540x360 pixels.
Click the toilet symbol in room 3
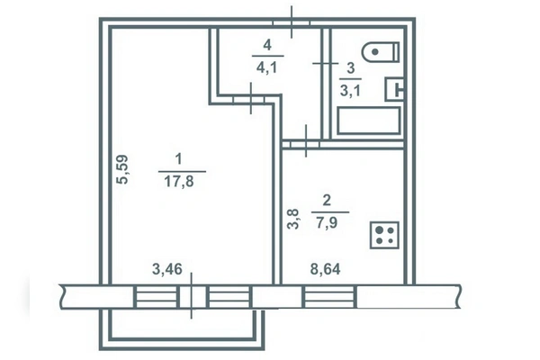pyautogui.click(x=381, y=52)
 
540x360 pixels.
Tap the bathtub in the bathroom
pyautogui.click(x=369, y=121)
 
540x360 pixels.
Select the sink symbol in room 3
pyautogui.click(x=394, y=90)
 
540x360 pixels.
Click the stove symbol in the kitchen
pyautogui.click(x=384, y=235)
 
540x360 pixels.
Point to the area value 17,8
pyautogui.click(x=179, y=182)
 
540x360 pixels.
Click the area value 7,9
pyautogui.click(x=326, y=222)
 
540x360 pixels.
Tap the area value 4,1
pyautogui.click(x=266, y=67)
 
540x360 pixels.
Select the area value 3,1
pyautogui.click(x=350, y=91)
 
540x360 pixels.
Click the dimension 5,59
pyautogui.click(x=122, y=169)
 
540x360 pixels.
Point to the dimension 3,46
pyautogui.click(x=167, y=269)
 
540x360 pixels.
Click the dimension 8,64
pyautogui.click(x=326, y=269)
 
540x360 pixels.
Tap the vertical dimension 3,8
pyautogui.click(x=293, y=219)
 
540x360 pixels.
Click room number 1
pyautogui.click(x=179, y=159)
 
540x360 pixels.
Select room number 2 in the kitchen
pyautogui.click(x=327, y=200)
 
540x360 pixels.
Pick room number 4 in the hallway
pyautogui.click(x=267, y=45)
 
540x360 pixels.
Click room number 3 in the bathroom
pyautogui.click(x=351, y=68)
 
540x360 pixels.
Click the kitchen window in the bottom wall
pyautogui.click(x=328, y=297)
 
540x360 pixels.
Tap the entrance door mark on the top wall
pyautogui.click(x=292, y=22)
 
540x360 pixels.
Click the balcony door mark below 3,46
pyautogui.click(x=192, y=295)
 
